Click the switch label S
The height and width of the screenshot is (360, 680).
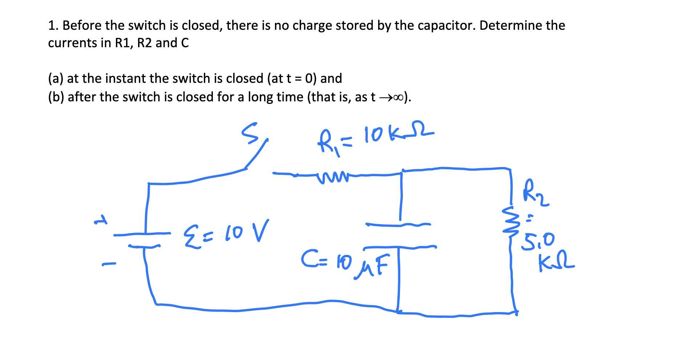point(250,133)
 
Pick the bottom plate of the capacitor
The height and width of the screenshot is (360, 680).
point(400,248)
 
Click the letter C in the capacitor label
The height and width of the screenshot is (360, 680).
point(308,259)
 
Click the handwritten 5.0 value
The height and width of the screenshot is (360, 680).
point(538,241)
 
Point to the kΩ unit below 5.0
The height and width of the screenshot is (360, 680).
point(556,262)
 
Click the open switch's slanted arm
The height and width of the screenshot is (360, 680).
point(256,154)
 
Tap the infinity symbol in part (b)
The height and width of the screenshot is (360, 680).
point(398,97)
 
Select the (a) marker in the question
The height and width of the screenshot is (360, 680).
point(56,78)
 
